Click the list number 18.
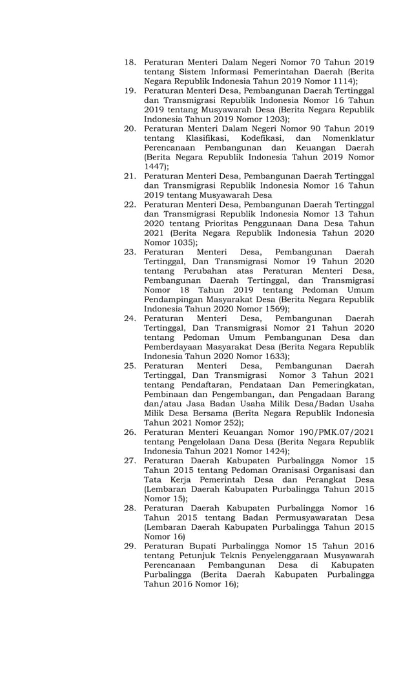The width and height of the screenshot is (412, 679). point(130,62)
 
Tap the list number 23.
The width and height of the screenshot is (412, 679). point(130,251)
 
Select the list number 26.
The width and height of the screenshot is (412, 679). point(130,432)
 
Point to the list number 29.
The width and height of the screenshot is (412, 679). point(130,546)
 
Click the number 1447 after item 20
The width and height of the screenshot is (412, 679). point(154,166)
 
